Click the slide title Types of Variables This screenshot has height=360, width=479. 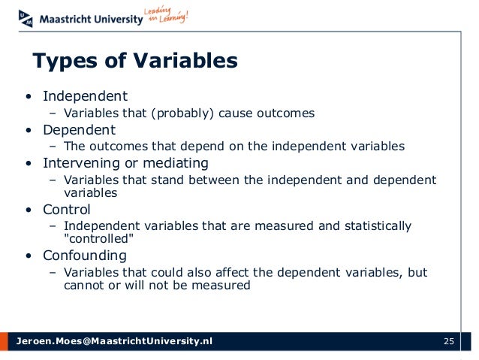(134, 60)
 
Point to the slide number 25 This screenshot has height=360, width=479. (449, 342)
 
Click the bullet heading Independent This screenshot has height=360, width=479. (85, 96)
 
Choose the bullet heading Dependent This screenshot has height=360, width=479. (79, 129)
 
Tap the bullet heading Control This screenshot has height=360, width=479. (67, 209)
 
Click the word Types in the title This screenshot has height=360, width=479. (59, 60)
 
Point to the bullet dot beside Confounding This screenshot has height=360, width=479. (27, 255)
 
